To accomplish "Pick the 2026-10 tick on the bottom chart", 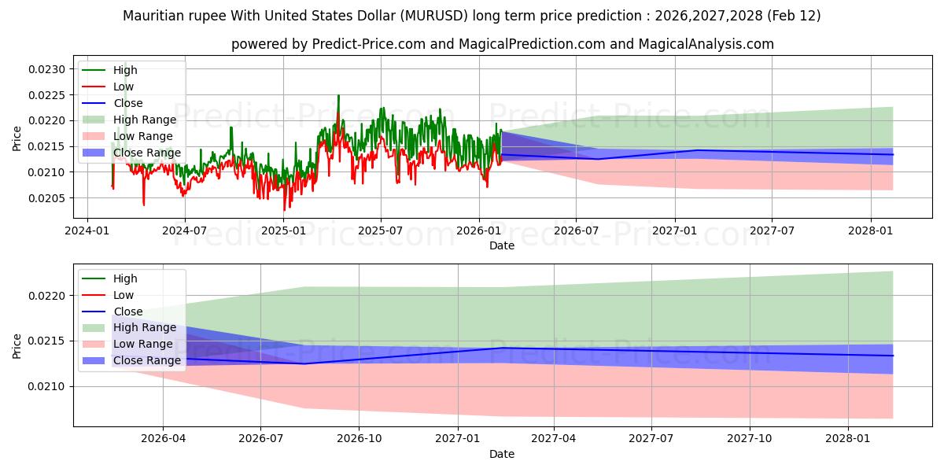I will coord(359,438).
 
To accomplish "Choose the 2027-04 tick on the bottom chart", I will coord(554,438).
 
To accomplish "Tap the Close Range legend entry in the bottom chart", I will coord(146,360).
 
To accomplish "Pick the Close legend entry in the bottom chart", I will coord(127,312).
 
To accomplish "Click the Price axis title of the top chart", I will coord(17,138).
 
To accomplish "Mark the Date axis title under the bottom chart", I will coord(502,454).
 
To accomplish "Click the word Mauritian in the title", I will coord(153,16).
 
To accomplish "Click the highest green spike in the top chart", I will coord(338,96).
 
